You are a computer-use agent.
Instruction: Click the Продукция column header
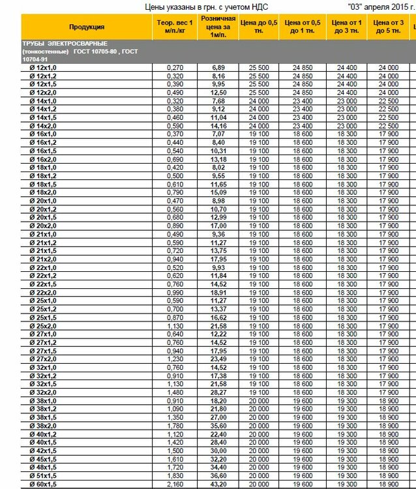click(87, 27)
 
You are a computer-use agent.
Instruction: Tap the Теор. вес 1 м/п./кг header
click(174, 27)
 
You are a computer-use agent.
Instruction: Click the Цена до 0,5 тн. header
click(259, 27)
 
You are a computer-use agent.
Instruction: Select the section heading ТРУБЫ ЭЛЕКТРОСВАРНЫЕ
click(59, 42)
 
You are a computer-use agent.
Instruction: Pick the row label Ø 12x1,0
click(44, 68)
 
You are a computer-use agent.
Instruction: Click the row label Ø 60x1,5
click(44, 484)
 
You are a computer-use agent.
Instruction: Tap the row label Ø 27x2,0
click(44, 359)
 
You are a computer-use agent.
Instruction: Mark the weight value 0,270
click(174, 68)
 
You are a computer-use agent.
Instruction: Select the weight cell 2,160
click(174, 484)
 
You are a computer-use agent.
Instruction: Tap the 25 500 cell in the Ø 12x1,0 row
click(259, 68)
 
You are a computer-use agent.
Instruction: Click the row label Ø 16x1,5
click(44, 151)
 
